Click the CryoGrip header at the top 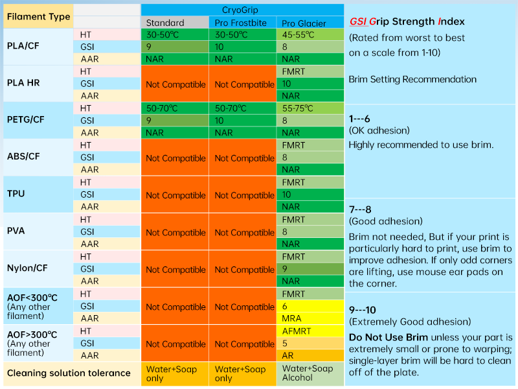(242, 9)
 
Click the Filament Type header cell (38, 16)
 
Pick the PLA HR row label (25, 83)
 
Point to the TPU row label (16, 194)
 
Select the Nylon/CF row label (27, 268)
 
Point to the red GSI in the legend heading (359, 21)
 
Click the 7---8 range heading (361, 211)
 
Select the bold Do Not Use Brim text (390, 337)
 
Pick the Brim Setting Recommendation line (412, 79)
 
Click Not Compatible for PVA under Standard (175, 232)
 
